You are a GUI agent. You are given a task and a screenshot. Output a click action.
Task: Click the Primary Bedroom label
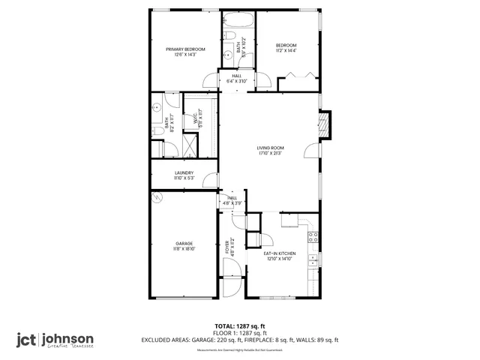[x=184, y=49]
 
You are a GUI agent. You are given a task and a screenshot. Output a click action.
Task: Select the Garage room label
[x=184, y=244]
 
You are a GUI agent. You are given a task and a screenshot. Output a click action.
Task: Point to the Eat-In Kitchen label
[x=279, y=253]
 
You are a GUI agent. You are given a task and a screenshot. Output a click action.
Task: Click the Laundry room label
[x=184, y=173]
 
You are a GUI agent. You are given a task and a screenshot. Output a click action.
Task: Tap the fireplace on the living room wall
[x=325, y=125]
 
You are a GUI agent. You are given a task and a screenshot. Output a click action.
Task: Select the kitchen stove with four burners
[x=314, y=238]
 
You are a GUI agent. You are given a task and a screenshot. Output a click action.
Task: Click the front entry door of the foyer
[x=229, y=289]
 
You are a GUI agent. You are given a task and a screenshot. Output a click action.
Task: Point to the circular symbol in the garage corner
[x=157, y=197]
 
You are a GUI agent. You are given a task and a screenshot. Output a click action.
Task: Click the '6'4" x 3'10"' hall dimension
[x=237, y=80]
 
